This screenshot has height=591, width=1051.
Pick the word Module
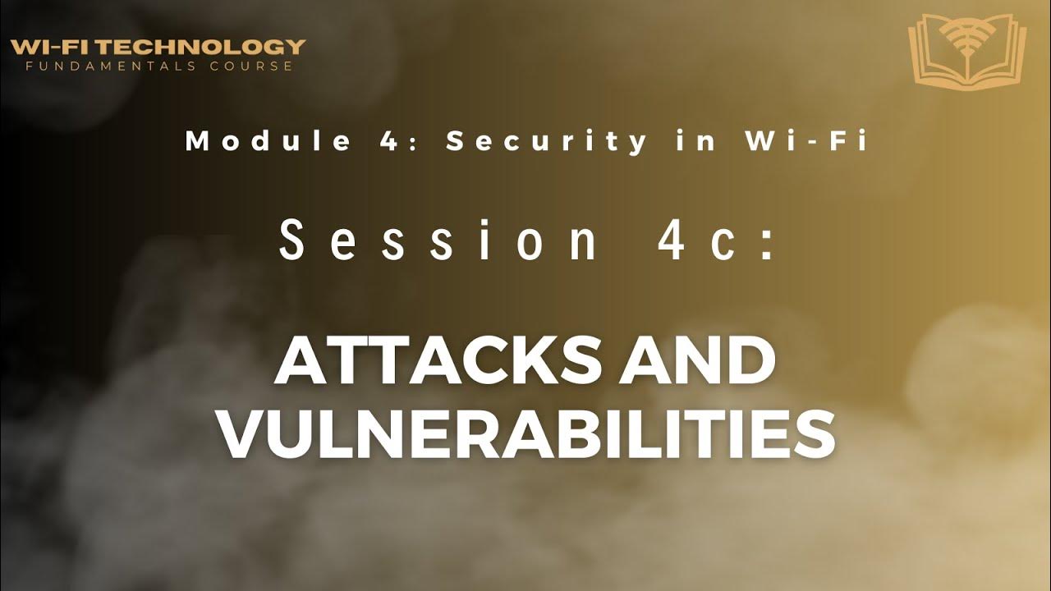point(255,141)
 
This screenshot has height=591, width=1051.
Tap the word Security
point(547,141)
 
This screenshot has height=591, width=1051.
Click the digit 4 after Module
point(374,141)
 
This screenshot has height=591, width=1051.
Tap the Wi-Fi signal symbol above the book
point(966,37)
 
